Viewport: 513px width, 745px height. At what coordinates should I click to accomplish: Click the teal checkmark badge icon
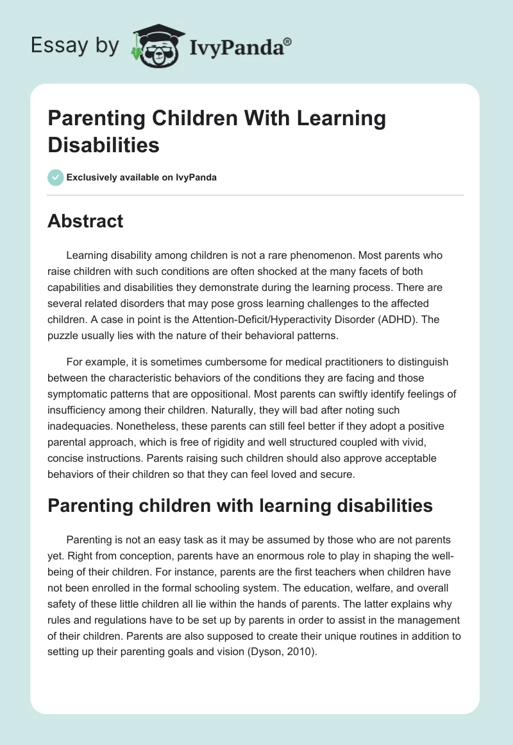[x=56, y=177]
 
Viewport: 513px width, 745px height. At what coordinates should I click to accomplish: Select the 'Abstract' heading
[x=85, y=221]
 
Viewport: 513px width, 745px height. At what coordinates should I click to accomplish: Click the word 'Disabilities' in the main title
[x=103, y=145]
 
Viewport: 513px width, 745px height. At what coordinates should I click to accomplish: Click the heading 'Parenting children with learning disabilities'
[x=240, y=505]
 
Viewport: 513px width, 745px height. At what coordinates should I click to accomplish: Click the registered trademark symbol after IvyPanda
[x=288, y=41]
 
